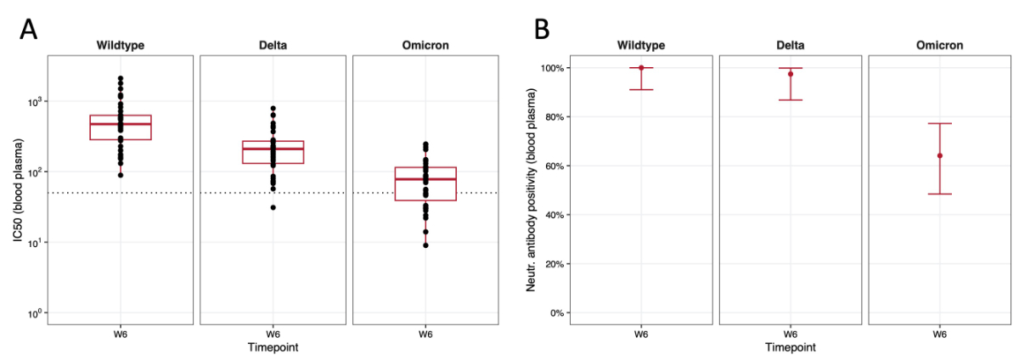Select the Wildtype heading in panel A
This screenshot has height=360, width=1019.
click(x=120, y=45)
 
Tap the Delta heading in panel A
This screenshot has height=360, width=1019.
click(x=273, y=45)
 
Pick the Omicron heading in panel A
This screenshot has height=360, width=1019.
click(x=425, y=45)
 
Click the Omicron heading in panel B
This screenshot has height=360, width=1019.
click(x=939, y=45)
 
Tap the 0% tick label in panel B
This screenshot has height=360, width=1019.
click(x=558, y=313)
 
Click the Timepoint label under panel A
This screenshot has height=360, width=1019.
click(x=273, y=347)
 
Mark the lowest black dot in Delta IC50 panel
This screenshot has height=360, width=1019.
click(x=273, y=207)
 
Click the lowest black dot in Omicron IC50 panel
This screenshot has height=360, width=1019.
click(x=425, y=245)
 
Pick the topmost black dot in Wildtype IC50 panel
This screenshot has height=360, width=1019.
click(x=120, y=79)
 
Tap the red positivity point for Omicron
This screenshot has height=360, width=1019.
click(x=939, y=155)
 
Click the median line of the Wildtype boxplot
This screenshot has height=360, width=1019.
click(x=120, y=124)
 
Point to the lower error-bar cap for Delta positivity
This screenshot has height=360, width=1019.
click(x=790, y=100)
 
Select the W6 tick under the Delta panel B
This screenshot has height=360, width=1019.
click(x=790, y=335)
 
